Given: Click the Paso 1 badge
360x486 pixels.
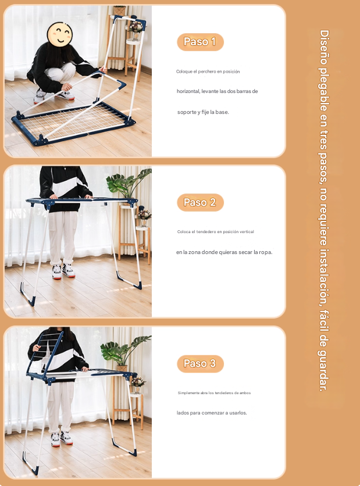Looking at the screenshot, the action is (x=200, y=42).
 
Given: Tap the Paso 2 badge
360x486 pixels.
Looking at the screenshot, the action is (x=200, y=202).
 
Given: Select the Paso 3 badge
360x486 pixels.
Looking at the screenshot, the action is (x=200, y=363).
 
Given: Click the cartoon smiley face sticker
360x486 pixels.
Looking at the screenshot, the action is (x=59, y=34).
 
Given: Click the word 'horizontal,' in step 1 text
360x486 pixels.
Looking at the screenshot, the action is (x=188, y=91).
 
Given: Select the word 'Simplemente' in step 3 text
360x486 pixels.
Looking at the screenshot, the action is (x=188, y=393).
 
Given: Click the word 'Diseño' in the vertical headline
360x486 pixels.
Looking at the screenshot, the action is (x=324, y=47).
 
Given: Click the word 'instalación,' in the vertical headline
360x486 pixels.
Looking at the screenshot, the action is (x=324, y=274).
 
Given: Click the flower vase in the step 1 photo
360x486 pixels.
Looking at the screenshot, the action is (x=136, y=31).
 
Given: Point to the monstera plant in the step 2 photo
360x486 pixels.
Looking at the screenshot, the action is (x=129, y=184).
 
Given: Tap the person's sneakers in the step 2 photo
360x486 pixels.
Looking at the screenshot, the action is (x=63, y=271).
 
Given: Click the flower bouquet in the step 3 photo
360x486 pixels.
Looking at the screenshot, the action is (x=138, y=382).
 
